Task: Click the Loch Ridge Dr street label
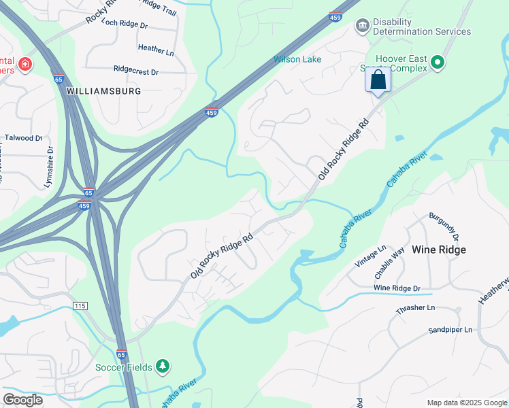[124, 24]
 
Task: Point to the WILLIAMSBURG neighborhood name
[103, 90]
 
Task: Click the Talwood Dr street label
[24, 137]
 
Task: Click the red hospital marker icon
[25, 65]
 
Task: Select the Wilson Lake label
[297, 59]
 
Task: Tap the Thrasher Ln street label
[415, 308]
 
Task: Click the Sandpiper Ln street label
[450, 330]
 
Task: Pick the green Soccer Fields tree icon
[162, 367]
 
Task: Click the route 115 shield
[80, 307]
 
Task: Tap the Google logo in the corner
[23, 399]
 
